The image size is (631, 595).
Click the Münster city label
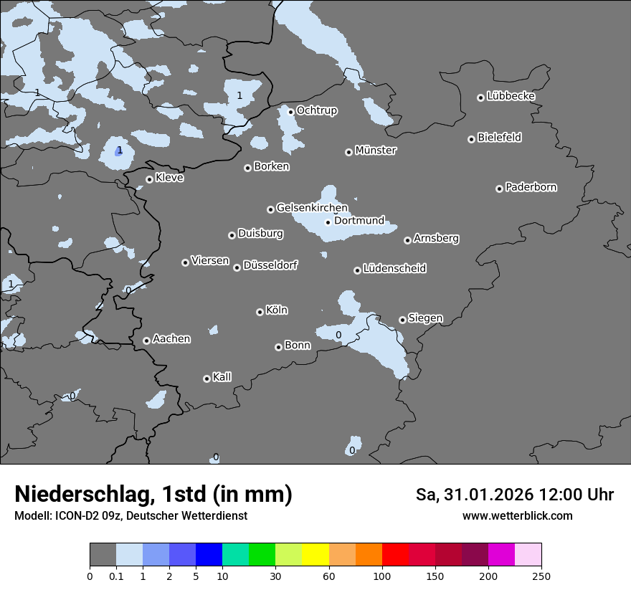[x=376, y=151]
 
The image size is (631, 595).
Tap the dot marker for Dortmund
[x=328, y=222]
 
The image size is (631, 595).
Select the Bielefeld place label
[x=499, y=138]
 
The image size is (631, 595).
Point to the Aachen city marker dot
[x=146, y=341]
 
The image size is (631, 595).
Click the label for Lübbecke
[x=511, y=96]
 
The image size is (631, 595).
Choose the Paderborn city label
[x=531, y=187]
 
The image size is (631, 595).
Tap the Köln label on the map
[x=277, y=310]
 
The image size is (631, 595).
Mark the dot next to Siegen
[x=402, y=320]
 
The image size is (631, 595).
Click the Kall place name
[x=222, y=377]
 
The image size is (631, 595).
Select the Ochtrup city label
[x=317, y=110]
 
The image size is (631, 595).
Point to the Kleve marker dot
[x=149, y=180]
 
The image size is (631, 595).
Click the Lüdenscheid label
[x=394, y=269]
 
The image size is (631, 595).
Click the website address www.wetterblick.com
[x=517, y=515]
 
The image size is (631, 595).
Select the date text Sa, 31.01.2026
[x=479, y=495]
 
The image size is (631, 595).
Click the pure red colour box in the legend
[x=395, y=555]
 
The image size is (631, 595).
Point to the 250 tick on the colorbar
[x=541, y=576]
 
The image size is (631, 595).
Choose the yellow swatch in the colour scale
[x=315, y=555]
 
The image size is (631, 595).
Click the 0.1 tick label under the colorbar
[x=116, y=576]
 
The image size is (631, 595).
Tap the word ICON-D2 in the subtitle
[x=74, y=515]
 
